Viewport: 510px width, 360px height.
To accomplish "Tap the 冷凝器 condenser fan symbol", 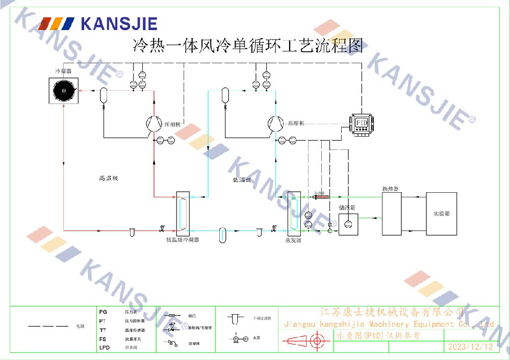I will (64, 91).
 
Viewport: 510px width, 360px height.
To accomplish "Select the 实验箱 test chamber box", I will (441, 214).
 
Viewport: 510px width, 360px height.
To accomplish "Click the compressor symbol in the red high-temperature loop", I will (153, 123).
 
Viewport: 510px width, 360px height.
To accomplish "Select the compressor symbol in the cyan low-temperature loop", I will (276, 123).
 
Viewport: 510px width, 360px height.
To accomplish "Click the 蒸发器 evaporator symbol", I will (293, 213).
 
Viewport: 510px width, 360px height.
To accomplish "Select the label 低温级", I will (242, 179).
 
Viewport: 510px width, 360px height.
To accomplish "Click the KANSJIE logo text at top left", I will (119, 23).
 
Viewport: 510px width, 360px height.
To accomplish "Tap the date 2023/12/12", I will (470, 347).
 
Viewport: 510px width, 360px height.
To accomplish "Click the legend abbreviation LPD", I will (104, 347).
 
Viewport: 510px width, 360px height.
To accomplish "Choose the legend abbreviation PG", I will (103, 311).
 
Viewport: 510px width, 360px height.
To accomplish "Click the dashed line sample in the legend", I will (48, 325).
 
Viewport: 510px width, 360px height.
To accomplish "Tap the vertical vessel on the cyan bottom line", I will (222, 234).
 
